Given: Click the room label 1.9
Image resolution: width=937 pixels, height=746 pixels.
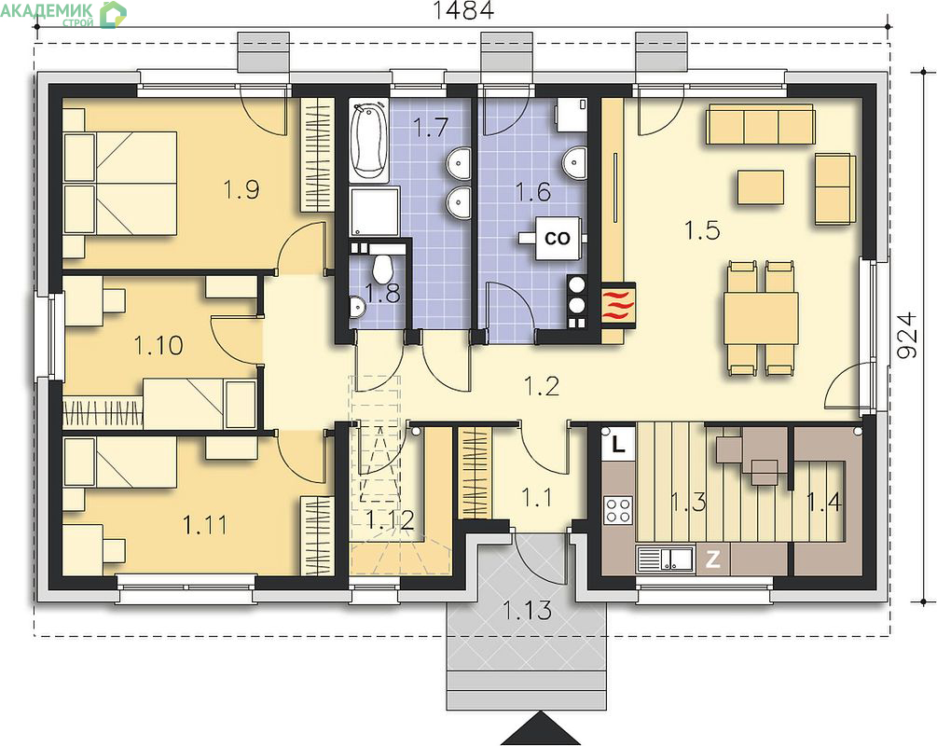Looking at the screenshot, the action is tap(241, 189).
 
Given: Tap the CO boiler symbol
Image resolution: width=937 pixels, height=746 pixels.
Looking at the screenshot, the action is tap(558, 238).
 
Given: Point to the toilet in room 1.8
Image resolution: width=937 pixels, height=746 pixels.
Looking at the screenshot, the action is tap(381, 268).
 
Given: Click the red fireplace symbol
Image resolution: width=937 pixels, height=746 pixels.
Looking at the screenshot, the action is tap(619, 304).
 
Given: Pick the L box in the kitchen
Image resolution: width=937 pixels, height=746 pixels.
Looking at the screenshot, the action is tap(618, 444).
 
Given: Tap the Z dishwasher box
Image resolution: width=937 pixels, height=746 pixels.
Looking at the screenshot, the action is tap(712, 559).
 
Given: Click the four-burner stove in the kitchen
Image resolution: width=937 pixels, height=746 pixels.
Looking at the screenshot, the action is tap(618, 510).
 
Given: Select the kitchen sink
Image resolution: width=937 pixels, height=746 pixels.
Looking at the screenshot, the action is tap(665, 559).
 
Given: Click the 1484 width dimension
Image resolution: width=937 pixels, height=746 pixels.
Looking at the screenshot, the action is tap(463, 10).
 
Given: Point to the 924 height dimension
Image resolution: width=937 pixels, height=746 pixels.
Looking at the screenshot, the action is tap(906, 335).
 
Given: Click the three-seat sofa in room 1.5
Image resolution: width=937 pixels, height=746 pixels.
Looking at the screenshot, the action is tap(760, 124).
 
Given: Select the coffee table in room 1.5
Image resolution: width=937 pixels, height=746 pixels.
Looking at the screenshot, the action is tap(760, 187).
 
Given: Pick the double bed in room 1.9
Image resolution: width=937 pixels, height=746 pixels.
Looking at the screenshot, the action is tap(119, 184).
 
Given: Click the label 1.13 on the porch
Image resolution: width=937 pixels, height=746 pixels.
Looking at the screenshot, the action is tap(527, 610).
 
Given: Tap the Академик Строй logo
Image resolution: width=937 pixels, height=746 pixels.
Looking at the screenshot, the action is tap(63, 14).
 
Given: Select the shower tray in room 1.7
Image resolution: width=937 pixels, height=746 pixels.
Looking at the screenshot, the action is tap(375, 212).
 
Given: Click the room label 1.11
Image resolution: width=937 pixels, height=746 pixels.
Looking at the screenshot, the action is tap(205, 525).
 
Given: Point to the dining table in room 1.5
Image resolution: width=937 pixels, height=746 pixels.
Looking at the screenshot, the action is tap(761, 318).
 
